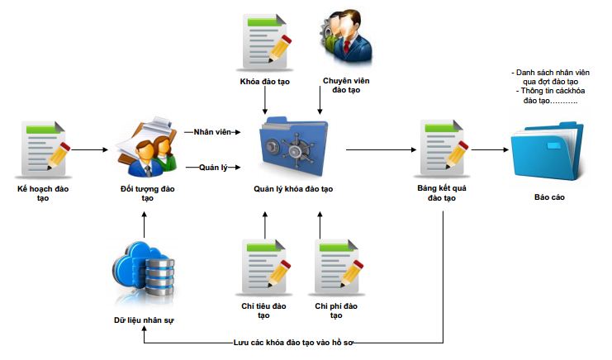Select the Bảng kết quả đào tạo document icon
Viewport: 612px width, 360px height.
pos(444,149)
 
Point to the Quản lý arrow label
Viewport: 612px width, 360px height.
pos(212,168)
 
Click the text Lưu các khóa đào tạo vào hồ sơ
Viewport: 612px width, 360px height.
pos(293,341)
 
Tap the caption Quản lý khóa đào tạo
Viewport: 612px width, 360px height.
pos(293,189)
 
